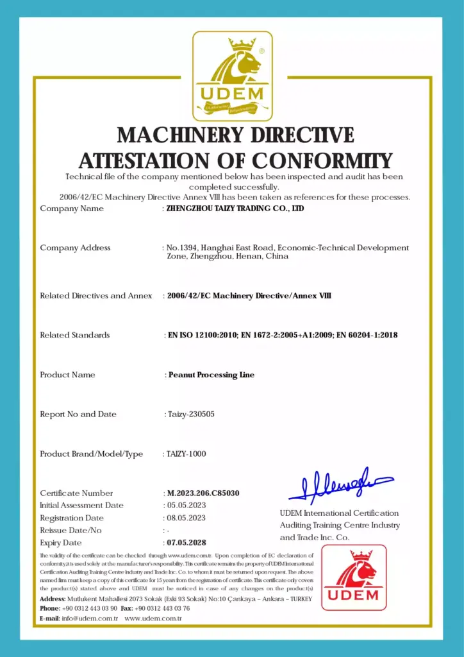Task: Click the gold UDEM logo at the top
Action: coord(233,76)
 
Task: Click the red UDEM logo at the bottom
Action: coord(354,577)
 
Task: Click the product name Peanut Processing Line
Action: coord(211,375)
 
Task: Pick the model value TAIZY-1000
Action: coord(186,454)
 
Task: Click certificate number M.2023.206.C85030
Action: coord(204,493)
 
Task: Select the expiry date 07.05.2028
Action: coord(186,543)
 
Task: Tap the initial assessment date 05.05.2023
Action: coord(186,506)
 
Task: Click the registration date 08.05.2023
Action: coord(186,518)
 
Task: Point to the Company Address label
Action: coord(75,248)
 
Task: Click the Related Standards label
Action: coord(74,335)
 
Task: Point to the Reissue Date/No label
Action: coord(70,531)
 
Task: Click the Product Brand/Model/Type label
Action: coord(91,454)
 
